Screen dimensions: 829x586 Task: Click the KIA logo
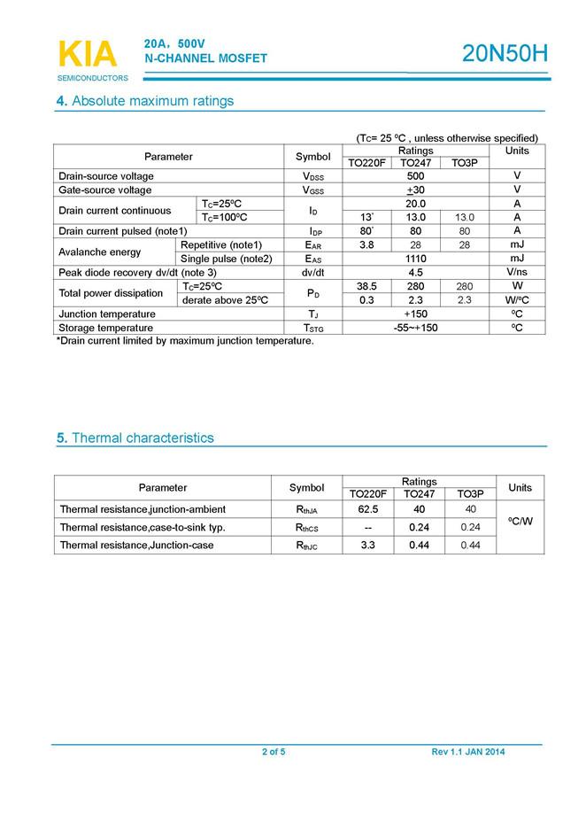pyautogui.click(x=87, y=54)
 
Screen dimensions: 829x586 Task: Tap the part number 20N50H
pyautogui.click(x=505, y=54)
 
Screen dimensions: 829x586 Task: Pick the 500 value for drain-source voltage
pyautogui.click(x=415, y=176)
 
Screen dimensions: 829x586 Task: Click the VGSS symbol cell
pyautogui.click(x=312, y=190)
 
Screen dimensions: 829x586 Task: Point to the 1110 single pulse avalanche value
pyautogui.click(x=415, y=259)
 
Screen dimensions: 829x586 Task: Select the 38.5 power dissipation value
pyautogui.click(x=366, y=286)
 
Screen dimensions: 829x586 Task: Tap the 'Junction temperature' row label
pyautogui.click(x=107, y=314)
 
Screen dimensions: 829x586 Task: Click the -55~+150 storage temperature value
pyautogui.click(x=415, y=328)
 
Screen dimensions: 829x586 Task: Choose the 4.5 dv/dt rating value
pyautogui.click(x=415, y=273)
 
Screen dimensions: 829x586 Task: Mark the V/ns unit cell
pyautogui.click(x=517, y=273)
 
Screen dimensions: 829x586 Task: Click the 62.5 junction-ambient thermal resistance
pyautogui.click(x=368, y=509)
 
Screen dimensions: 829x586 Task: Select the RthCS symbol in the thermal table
pyautogui.click(x=306, y=528)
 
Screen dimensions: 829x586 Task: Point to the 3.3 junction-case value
pyautogui.click(x=368, y=546)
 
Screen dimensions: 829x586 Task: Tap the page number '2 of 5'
pyautogui.click(x=274, y=752)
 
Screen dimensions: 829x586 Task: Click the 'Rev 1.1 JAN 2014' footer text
pyautogui.click(x=468, y=752)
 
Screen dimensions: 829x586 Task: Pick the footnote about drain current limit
pyautogui.click(x=185, y=341)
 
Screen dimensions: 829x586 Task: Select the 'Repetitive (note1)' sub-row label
pyautogui.click(x=221, y=244)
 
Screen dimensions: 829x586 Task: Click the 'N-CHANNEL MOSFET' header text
pyautogui.click(x=205, y=58)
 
